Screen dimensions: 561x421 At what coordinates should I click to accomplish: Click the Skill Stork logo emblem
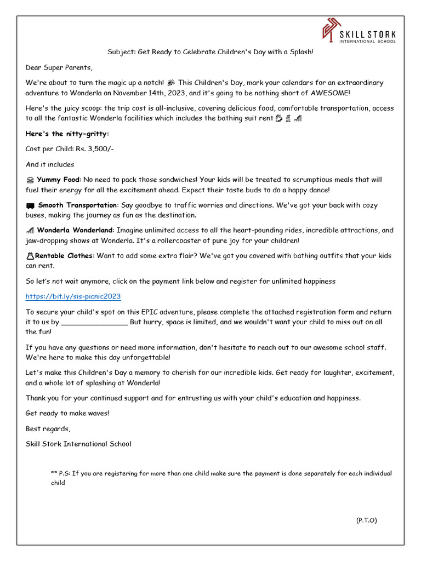point(331,31)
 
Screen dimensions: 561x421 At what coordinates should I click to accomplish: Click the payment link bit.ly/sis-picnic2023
point(73,296)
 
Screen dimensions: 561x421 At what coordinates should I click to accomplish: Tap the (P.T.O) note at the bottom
point(366,520)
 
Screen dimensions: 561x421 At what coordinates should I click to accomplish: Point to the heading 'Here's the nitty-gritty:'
point(67,134)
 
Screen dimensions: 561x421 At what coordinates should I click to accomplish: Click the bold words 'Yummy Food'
point(58,180)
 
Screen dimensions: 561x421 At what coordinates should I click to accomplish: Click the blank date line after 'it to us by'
point(94,322)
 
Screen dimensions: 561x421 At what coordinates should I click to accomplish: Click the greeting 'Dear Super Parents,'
point(59,67)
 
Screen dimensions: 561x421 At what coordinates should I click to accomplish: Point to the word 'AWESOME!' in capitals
point(331,93)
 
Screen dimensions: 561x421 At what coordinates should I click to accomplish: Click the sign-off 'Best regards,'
point(48,428)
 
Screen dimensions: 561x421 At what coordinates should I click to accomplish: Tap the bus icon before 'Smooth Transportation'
point(30,205)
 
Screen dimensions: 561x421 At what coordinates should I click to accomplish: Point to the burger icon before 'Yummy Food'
point(30,180)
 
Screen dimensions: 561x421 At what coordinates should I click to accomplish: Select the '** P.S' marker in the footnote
point(60,473)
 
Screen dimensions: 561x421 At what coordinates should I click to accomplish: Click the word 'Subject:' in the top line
point(121,52)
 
